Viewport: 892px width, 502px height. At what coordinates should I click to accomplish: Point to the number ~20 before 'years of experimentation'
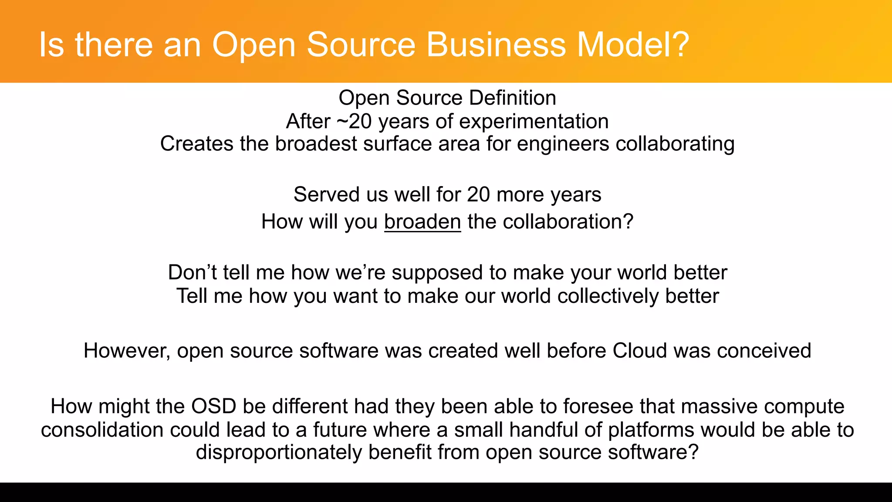tap(355, 122)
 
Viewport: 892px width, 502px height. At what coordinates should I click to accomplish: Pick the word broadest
tap(316, 144)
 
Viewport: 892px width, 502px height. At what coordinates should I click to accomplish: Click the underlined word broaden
tap(422, 222)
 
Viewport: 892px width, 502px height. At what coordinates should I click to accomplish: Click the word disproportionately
tap(279, 453)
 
